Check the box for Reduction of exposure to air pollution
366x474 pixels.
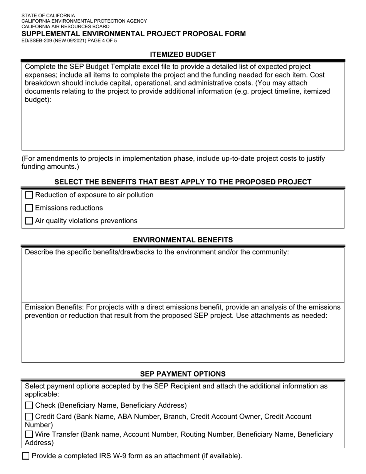pyautogui.click(x=29, y=195)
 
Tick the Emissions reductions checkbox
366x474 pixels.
pyautogui.click(x=29, y=208)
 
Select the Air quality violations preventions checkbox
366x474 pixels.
pyautogui.click(x=29, y=221)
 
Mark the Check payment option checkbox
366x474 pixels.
pyautogui.click(x=29, y=405)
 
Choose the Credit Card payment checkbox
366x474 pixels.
pyautogui.click(x=29, y=417)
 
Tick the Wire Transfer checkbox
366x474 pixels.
pyautogui.click(x=29, y=434)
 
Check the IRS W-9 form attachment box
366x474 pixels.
pyautogui.click(x=26, y=456)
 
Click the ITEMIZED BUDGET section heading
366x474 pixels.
pyautogui.click(x=183, y=54)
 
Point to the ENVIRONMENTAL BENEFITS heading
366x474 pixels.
pyautogui.click(x=183, y=240)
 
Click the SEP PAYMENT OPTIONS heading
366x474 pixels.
pyautogui.click(x=183, y=374)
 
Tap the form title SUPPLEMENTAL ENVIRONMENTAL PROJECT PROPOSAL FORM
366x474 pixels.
pyautogui.click(x=133, y=34)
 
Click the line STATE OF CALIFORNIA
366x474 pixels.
pyautogui.click(x=48, y=16)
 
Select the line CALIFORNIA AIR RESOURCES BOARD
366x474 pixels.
pyautogui.click(x=65, y=27)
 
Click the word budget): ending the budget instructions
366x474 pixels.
pyautogui.click(x=38, y=99)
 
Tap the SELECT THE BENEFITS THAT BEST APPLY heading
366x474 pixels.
pyautogui.click(x=183, y=182)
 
